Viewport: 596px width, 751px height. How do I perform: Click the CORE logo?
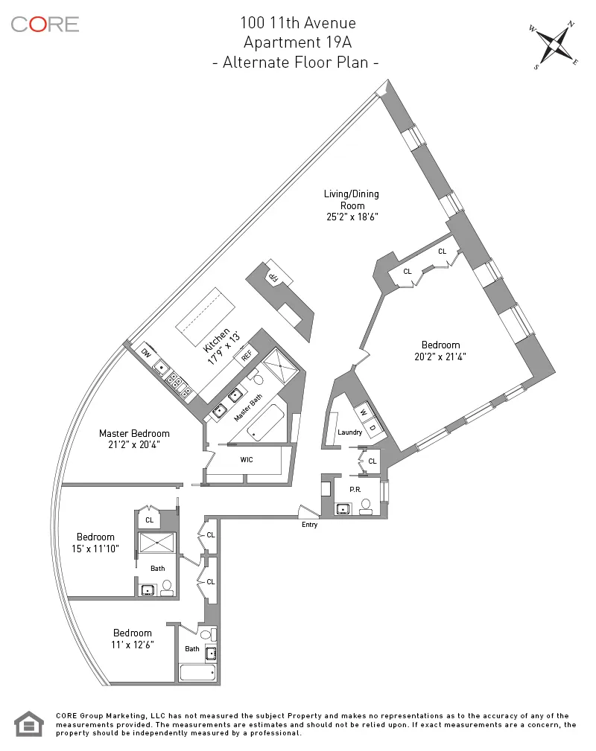pos(45,24)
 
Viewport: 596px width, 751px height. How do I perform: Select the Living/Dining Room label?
pos(351,199)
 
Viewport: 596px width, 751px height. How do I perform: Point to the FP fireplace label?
pos(273,277)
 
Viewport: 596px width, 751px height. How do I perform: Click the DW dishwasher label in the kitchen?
pos(146,352)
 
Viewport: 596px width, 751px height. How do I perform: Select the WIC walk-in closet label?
pos(247,459)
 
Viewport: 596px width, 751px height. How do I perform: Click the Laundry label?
pos(349,432)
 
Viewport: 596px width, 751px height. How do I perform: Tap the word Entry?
pos(310,525)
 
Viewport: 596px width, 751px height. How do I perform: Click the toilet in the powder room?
pos(366,507)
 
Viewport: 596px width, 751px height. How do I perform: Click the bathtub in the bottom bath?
pos(198,672)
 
